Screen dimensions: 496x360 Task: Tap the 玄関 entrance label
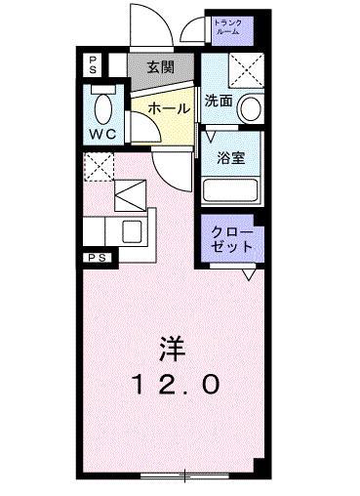162,67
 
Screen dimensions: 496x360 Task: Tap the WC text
102,131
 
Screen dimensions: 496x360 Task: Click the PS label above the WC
92,64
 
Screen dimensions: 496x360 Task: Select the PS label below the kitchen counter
98,257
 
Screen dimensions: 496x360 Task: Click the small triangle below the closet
249,274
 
